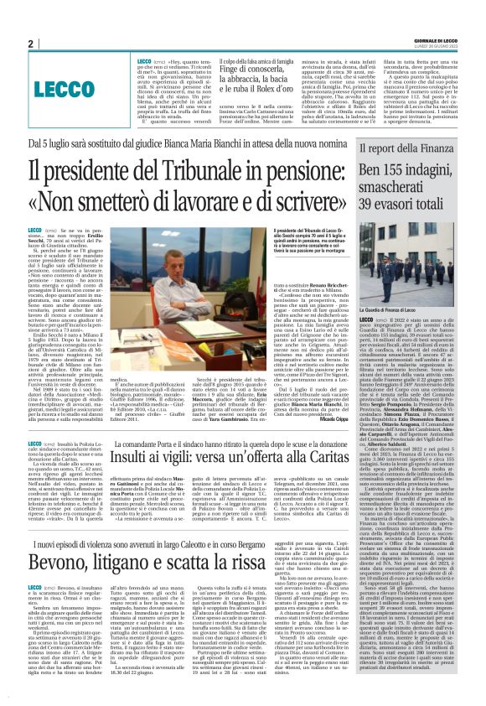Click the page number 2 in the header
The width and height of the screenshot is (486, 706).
(30, 44)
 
